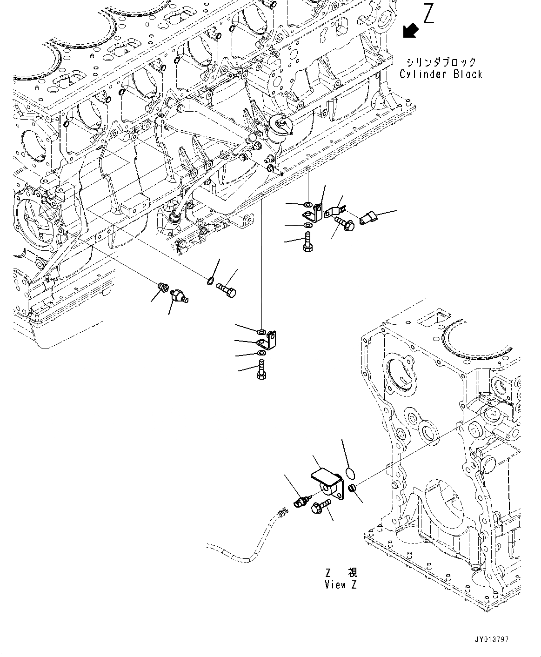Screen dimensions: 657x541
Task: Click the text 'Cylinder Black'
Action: pos(441,74)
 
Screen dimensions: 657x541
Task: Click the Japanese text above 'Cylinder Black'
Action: pos(441,62)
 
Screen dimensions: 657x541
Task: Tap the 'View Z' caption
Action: pos(341,585)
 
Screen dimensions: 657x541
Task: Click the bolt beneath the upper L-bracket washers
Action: pos(307,243)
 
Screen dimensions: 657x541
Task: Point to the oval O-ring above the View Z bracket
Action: pos(351,474)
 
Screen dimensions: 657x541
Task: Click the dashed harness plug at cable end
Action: pos(281,513)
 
